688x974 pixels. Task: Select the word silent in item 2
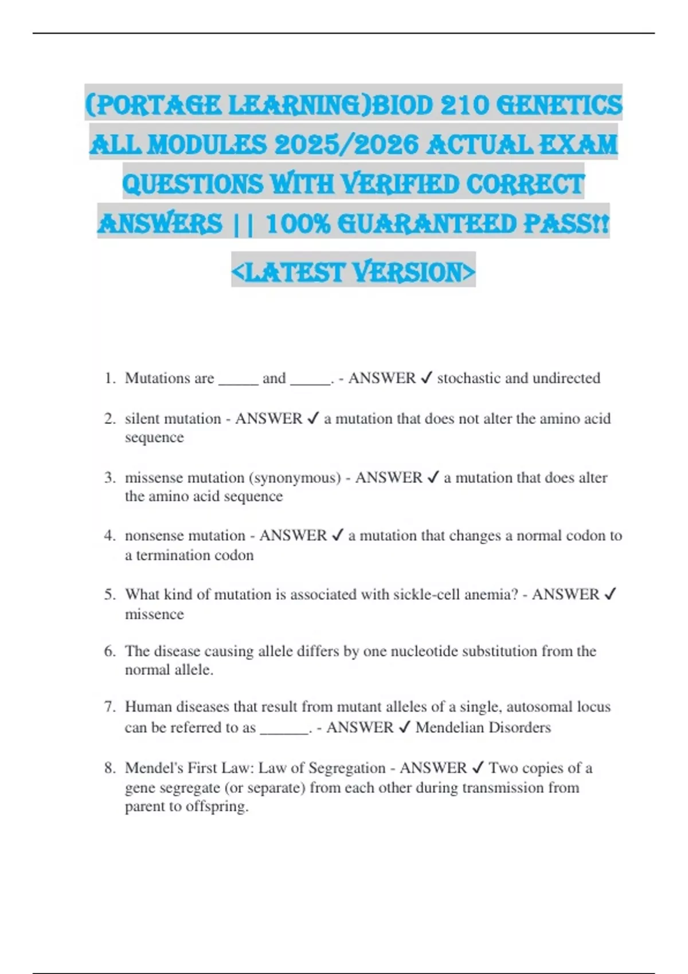[142, 419]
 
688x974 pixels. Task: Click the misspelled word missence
[154, 614]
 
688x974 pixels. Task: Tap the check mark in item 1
[426, 378]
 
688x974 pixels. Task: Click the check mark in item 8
[477, 768]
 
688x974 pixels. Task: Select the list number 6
[110, 651]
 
